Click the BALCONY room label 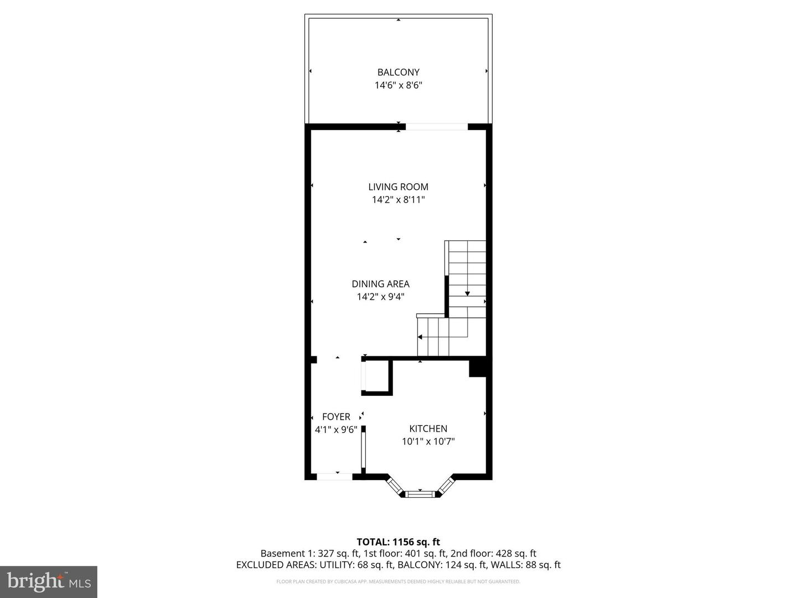398,72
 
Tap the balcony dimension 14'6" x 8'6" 398,85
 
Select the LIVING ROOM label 398,187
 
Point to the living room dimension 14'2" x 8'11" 398,200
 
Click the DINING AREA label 381,283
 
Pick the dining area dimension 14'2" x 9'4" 381,297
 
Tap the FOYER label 336,416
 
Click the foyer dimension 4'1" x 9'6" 336,430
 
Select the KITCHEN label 428,429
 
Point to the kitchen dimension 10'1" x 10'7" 428,441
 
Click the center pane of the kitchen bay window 420,494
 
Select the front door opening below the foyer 334,476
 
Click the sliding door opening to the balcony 437,127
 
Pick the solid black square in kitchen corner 478,369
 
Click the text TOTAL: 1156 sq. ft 398,542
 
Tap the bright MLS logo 49,581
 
